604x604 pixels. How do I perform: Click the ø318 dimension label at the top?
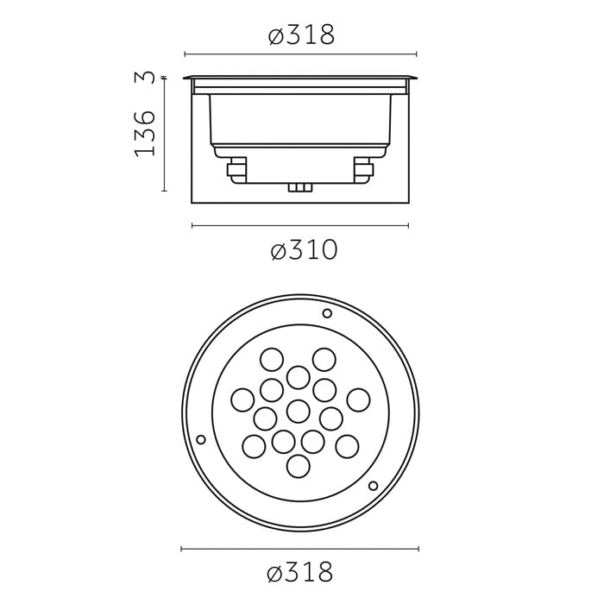(302, 35)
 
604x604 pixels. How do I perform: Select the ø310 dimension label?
(304, 250)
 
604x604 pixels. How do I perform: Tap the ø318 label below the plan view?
(299, 572)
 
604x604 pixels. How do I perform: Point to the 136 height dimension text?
(145, 133)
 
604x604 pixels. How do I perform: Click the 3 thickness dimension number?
(145, 78)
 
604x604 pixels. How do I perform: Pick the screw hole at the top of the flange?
(327, 313)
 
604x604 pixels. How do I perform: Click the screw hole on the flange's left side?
(201, 439)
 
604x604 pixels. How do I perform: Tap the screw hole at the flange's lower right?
(373, 486)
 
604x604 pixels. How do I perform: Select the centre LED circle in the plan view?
(299, 411)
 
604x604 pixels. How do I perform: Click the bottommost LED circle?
(299, 466)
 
